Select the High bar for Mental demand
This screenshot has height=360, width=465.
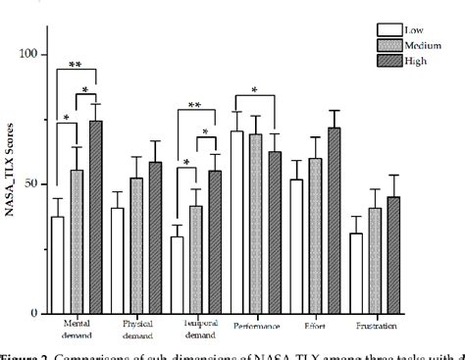95,217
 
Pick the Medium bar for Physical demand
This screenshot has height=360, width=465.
136,245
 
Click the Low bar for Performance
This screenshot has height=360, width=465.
236,222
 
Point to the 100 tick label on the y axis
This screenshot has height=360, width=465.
31,55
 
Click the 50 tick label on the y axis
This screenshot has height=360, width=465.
35,184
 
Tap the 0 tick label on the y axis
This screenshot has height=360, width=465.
38,314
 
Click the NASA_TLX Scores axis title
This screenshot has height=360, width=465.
11,184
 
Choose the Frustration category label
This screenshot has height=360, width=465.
375,327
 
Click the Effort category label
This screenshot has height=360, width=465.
316,327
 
